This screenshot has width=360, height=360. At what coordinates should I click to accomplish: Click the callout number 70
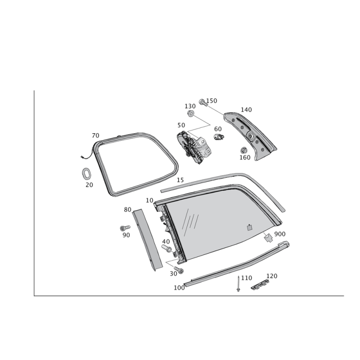(x=95, y=135)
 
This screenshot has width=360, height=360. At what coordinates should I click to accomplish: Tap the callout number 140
(x=246, y=109)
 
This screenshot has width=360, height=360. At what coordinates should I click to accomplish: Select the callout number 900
(x=280, y=234)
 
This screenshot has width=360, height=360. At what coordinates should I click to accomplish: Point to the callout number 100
(x=179, y=287)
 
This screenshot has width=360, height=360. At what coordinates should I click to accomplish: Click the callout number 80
(x=127, y=209)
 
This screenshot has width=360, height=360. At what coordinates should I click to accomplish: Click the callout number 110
(x=246, y=278)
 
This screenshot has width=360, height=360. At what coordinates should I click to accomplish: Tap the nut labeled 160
(x=244, y=150)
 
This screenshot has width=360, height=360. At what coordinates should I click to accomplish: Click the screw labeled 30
(x=181, y=270)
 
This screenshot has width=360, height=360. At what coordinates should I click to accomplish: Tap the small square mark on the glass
(x=249, y=227)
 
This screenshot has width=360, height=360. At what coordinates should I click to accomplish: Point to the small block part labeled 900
(x=266, y=236)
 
